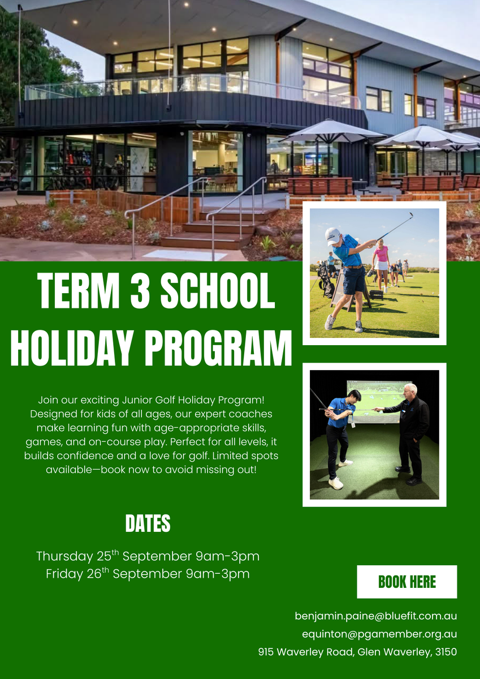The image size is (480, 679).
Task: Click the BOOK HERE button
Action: click(407, 582)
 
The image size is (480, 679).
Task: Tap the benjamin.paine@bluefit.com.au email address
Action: click(375, 616)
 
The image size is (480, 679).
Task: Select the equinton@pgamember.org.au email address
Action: click(379, 634)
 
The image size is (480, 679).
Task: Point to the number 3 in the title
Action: click(140, 290)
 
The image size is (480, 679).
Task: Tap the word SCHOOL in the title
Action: click(218, 290)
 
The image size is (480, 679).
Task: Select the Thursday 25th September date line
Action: click(148, 556)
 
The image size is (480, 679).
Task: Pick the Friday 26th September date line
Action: click(148, 574)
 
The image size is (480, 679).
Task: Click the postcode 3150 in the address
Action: click(446, 652)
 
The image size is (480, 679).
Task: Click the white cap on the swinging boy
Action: click(333, 237)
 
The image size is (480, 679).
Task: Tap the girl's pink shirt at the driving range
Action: click(382, 253)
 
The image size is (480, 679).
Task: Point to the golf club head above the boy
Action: click(410, 215)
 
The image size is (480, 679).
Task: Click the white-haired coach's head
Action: click(410, 391)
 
